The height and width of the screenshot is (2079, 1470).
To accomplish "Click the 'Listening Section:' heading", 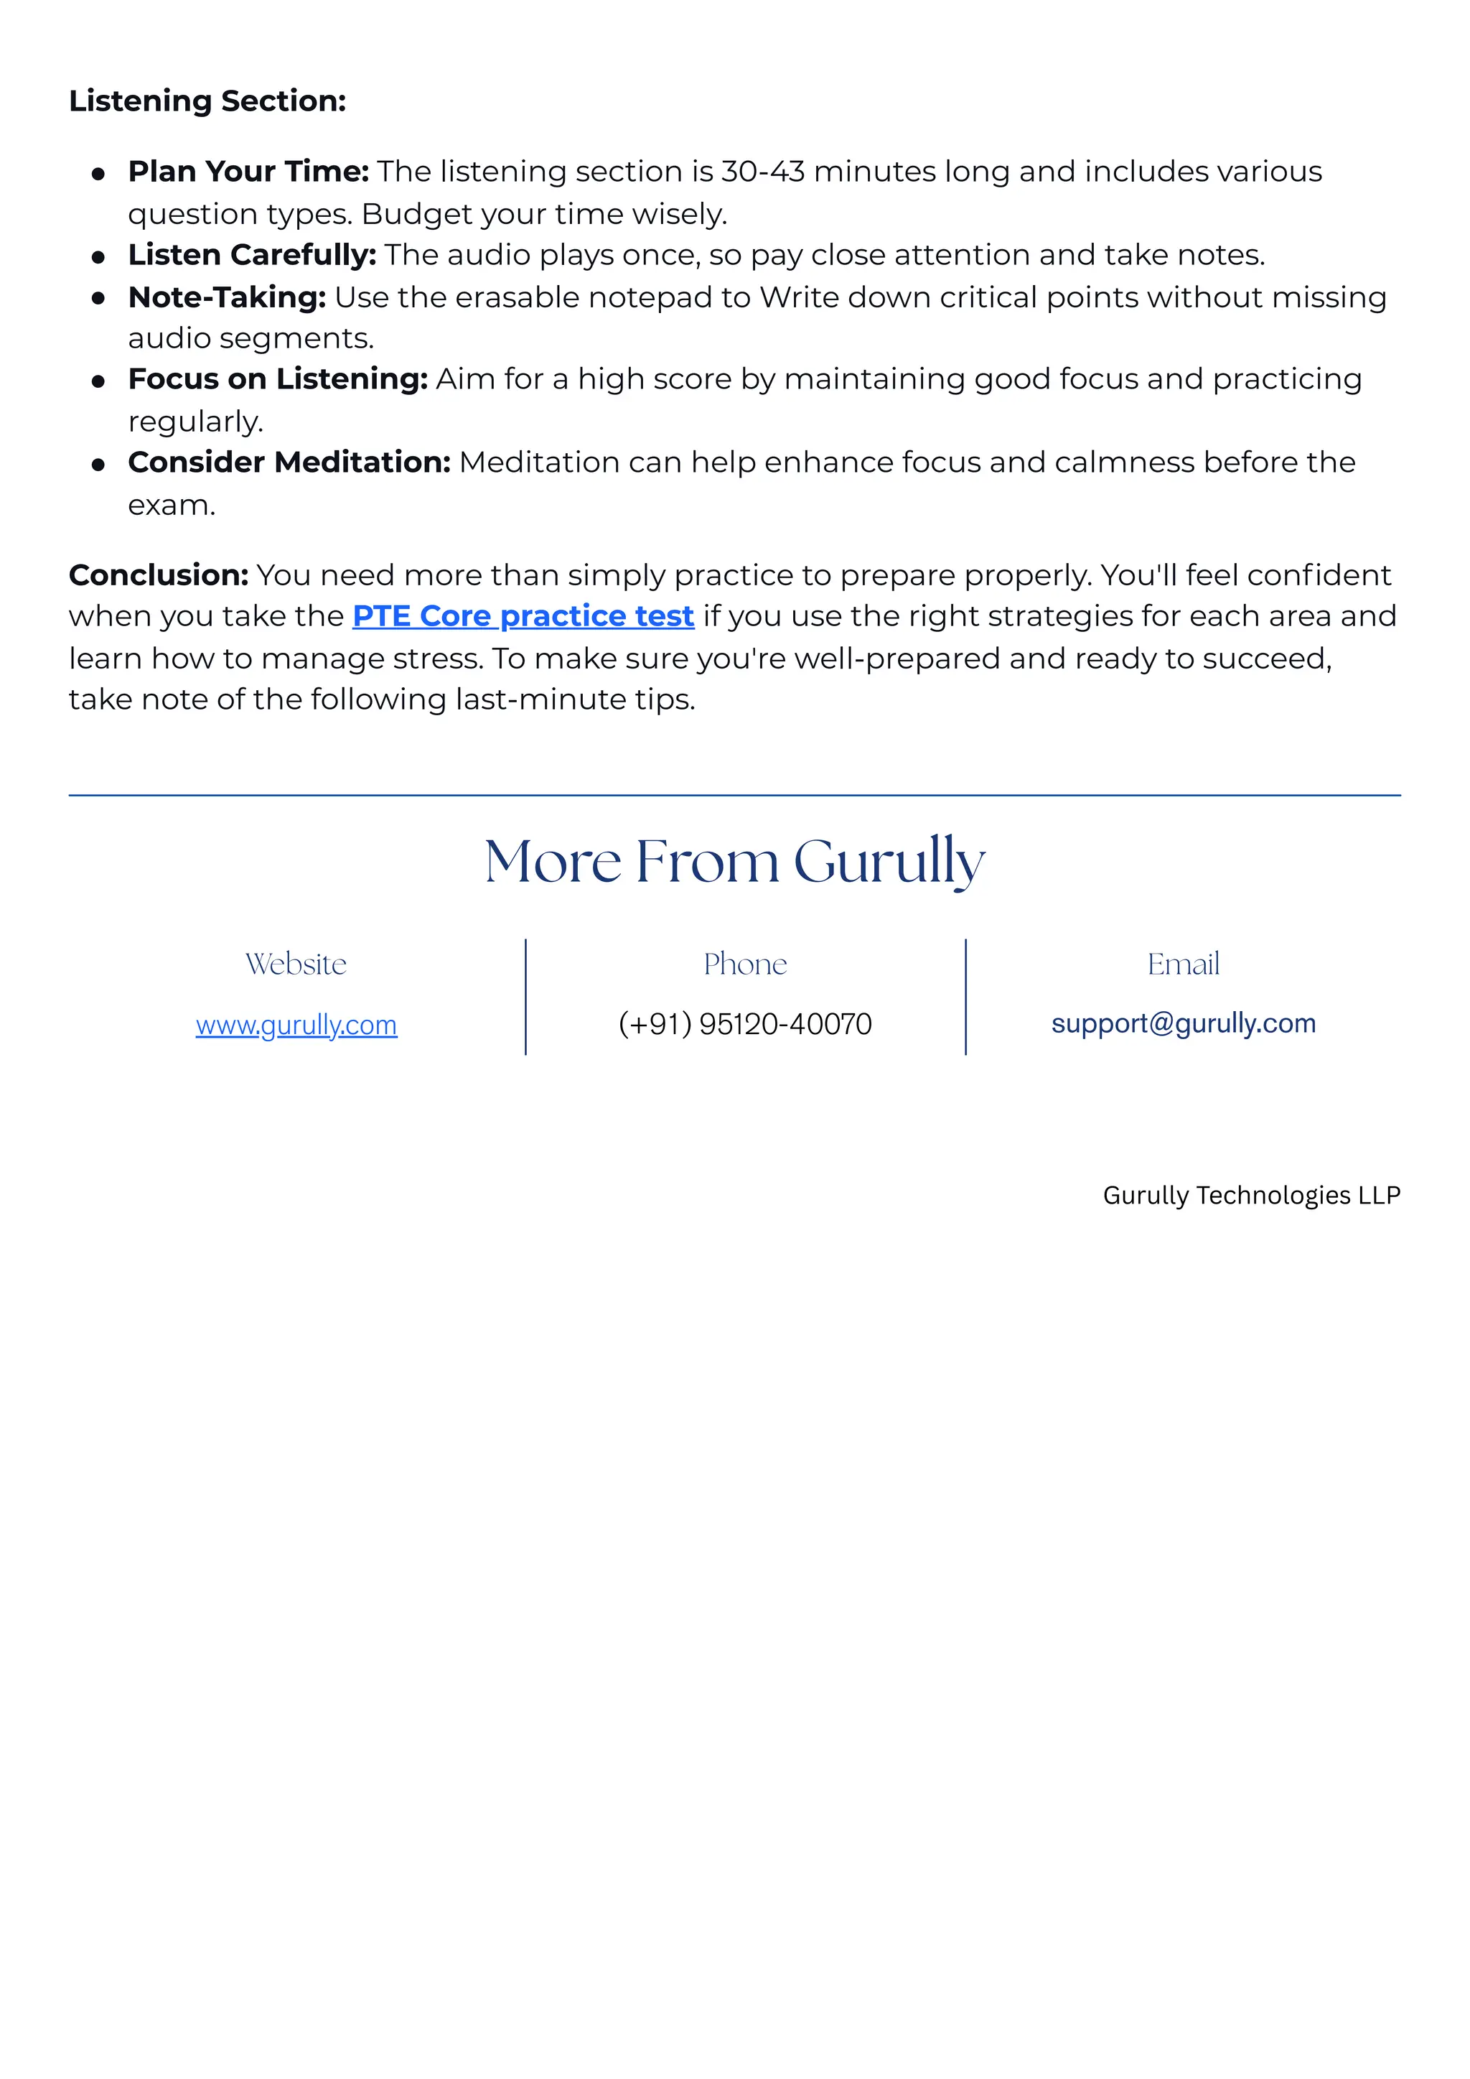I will [x=207, y=101].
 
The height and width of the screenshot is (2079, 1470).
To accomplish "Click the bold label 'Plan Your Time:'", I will [x=248, y=171].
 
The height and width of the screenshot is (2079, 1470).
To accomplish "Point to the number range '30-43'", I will [x=762, y=171].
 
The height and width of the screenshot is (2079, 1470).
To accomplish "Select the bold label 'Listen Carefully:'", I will [x=252, y=254].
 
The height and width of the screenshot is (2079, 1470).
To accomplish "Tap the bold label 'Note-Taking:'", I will [x=226, y=297].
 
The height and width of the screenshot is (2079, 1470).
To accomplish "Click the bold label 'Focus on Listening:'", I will [x=278, y=378].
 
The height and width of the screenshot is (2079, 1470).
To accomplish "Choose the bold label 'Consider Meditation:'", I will [x=289, y=462].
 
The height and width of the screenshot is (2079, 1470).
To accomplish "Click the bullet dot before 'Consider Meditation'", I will [x=98, y=465].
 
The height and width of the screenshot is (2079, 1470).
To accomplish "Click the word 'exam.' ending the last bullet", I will [x=171, y=506].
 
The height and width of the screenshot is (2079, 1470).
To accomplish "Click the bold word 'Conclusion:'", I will [x=159, y=575].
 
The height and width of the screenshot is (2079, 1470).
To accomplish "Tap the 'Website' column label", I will [x=296, y=964].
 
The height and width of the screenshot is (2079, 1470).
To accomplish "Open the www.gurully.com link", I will [x=296, y=1024].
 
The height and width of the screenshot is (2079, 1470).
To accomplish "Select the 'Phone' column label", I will [x=745, y=964].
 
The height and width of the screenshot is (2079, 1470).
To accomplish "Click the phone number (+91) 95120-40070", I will [x=745, y=1024].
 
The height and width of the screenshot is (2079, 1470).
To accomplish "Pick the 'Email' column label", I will [x=1183, y=964].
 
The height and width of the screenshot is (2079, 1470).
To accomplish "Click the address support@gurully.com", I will [x=1183, y=1023].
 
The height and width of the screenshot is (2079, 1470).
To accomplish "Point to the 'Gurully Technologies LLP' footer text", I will [x=1251, y=1195].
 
